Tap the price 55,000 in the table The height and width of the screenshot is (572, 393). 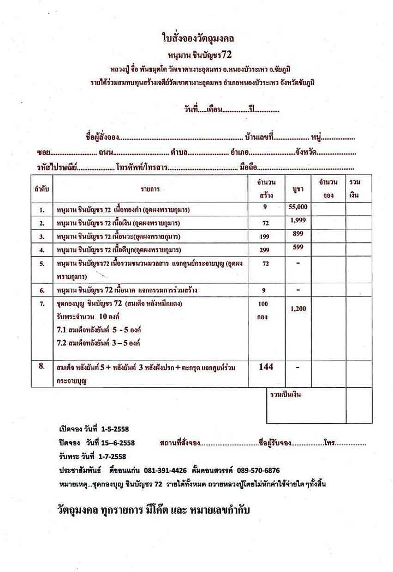point(297,207)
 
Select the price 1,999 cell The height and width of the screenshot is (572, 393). point(298,220)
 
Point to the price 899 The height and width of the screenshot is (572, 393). point(298,234)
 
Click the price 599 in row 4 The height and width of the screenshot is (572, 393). point(298,247)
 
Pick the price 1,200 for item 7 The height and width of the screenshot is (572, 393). point(298,308)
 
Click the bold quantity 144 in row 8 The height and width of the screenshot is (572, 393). point(266,367)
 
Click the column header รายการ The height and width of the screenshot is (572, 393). point(150,188)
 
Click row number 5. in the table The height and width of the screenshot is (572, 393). point(41,264)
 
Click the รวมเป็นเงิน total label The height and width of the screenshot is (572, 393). point(285,394)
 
